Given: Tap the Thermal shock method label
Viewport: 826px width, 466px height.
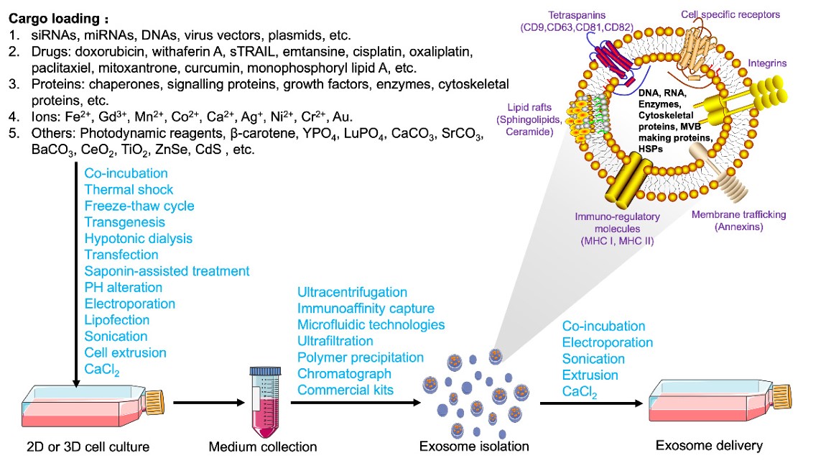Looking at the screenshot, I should tap(129, 190).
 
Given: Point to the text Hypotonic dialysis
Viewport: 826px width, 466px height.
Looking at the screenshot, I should tap(138, 238).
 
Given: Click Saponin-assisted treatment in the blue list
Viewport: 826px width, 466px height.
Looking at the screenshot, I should tap(167, 271).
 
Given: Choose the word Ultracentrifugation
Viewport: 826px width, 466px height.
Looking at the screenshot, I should tap(352, 293).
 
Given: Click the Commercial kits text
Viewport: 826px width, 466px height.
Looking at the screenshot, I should tap(345, 390).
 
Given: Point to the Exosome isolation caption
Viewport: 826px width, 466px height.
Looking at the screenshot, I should tap(474, 447).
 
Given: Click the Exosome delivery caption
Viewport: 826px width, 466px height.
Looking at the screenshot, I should tap(709, 446).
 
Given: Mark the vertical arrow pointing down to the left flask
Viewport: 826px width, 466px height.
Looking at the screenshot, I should tap(76, 273).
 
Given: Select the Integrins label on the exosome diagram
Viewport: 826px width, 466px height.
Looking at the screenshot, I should tap(766, 63).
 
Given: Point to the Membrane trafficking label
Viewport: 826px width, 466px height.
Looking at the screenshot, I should tap(738, 215).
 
